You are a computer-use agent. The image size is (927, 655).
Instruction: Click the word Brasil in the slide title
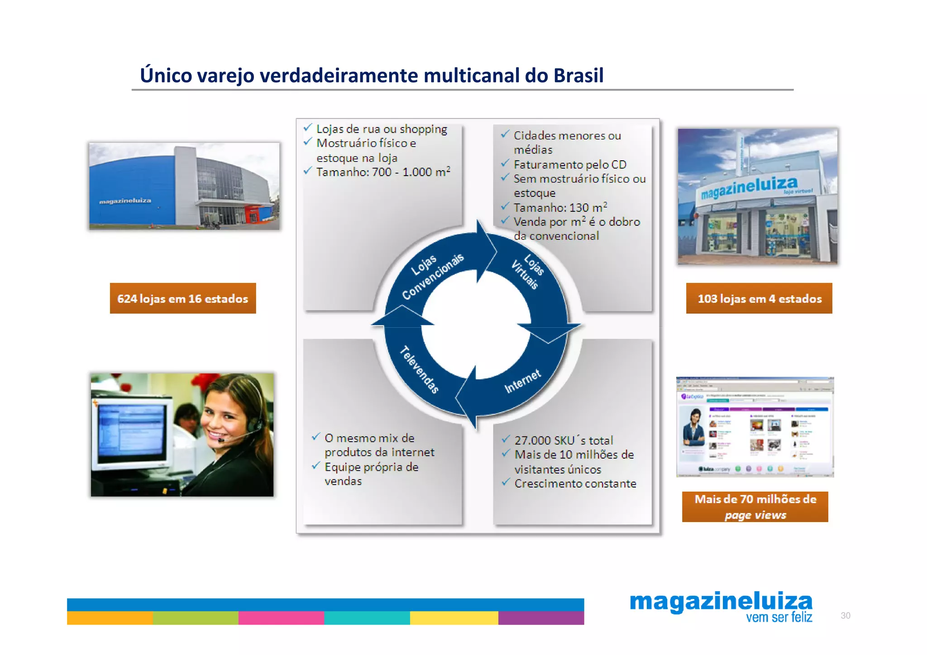point(578,75)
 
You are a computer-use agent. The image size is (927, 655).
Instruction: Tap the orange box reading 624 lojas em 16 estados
point(182,298)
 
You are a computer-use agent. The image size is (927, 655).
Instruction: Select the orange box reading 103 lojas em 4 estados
point(759,298)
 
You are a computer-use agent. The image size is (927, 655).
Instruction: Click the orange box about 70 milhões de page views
point(755,507)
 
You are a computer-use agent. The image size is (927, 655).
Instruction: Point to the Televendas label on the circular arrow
point(419,370)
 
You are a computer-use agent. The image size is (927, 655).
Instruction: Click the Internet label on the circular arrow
point(522,381)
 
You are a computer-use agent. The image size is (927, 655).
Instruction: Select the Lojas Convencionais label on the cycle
point(432,276)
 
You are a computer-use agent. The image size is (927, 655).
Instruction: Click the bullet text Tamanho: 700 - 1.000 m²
point(383,172)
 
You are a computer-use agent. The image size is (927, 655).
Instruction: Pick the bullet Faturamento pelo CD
point(569,164)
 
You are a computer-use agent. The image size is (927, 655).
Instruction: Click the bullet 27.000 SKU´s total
point(564,440)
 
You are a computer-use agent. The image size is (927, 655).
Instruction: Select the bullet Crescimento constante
point(575,483)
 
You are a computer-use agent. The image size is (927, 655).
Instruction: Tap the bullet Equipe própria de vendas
point(371,473)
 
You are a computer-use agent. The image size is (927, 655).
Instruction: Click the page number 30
point(845,616)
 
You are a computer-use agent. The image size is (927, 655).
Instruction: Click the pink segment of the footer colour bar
point(281,618)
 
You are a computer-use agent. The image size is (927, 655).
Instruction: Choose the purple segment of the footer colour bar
point(541,618)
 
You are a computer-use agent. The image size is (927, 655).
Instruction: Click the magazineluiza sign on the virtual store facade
point(749,186)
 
